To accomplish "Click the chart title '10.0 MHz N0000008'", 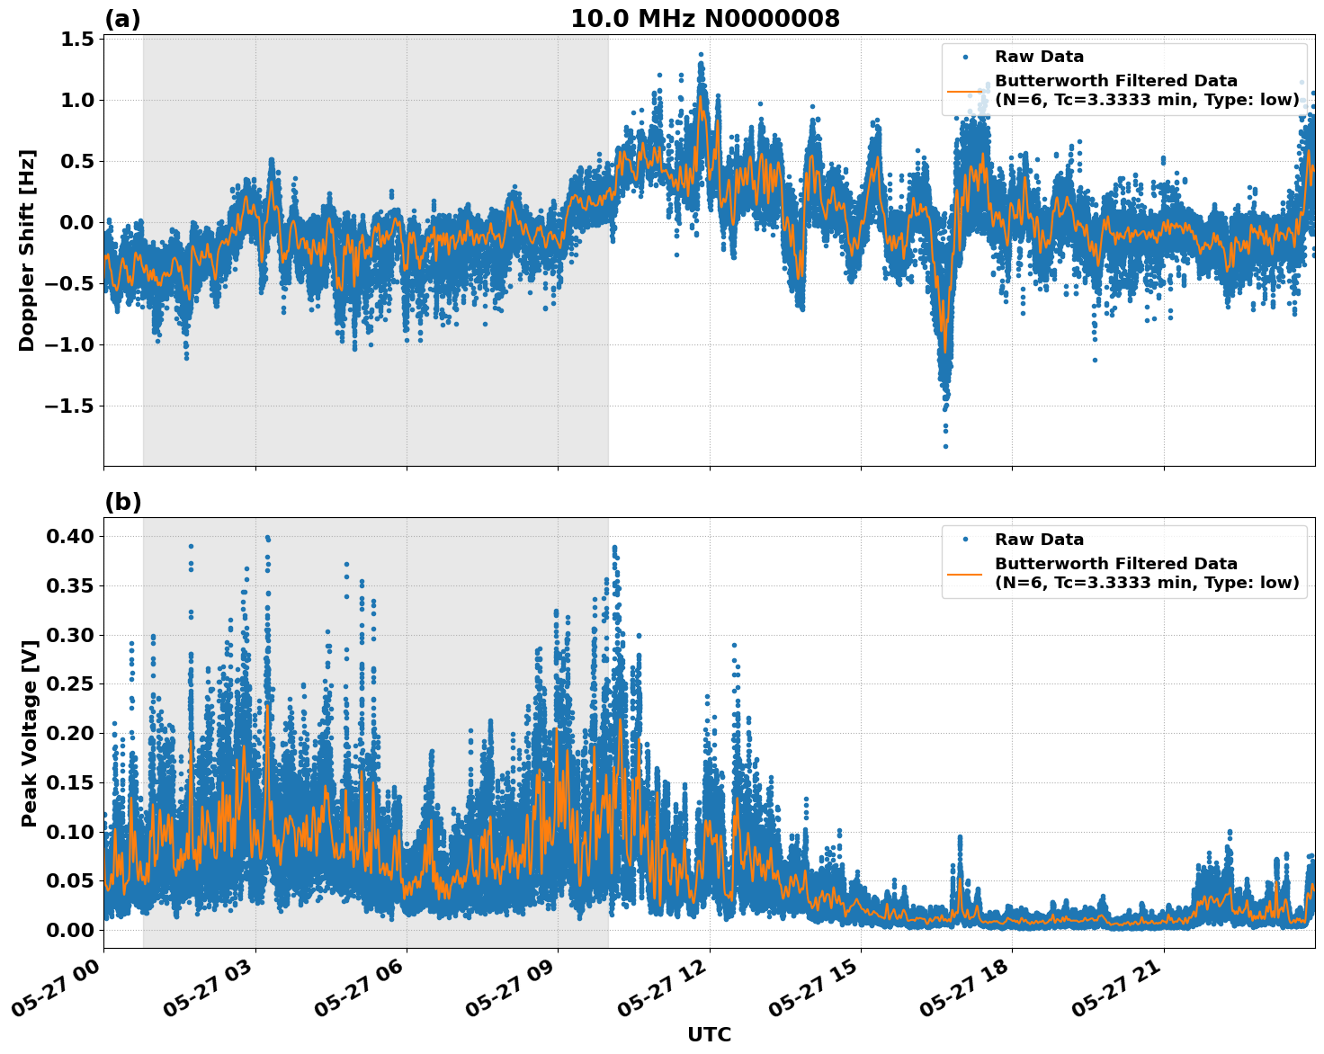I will (x=704, y=19).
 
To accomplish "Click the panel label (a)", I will (x=122, y=19).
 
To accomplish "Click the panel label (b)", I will (x=122, y=502).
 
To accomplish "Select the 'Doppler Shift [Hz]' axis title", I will (x=27, y=250).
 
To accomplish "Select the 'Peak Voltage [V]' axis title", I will (x=30, y=733).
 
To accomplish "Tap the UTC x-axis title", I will (x=709, y=1034).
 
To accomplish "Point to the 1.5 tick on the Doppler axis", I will (x=78, y=39).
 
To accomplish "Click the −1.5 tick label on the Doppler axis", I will (x=69, y=406).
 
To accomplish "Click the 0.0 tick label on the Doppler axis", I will (x=78, y=222).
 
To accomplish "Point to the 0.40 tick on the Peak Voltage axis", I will (x=72, y=536).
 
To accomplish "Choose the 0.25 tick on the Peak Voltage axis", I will (x=72, y=683).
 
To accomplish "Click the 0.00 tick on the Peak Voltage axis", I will (x=72, y=929).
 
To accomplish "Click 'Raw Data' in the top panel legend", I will (x=1039, y=57).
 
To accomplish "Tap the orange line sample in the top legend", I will (x=965, y=91).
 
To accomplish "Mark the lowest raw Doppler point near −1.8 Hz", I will (x=945, y=446).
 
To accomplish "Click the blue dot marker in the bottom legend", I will (x=965, y=540).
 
